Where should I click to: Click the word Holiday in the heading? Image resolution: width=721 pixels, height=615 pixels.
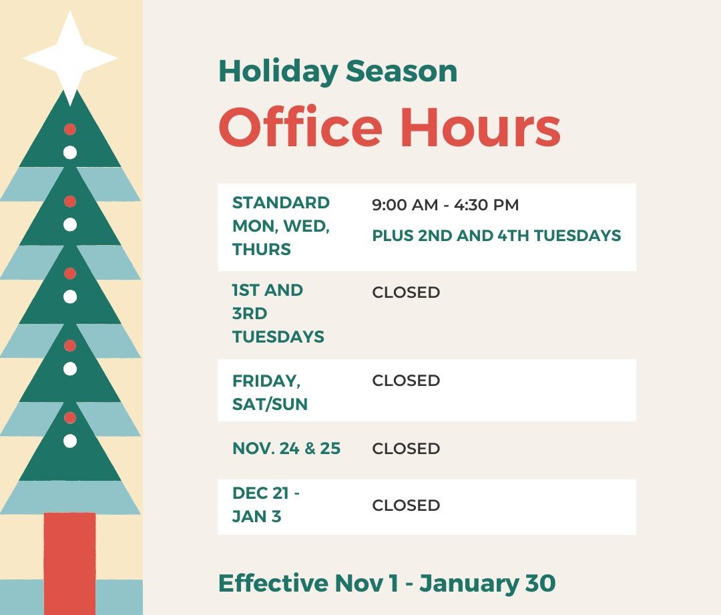[x=277, y=71]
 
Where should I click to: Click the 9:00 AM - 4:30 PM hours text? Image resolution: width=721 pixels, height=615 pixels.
[x=445, y=205]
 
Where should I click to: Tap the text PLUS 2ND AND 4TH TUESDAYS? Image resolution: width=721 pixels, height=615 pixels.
[x=496, y=236]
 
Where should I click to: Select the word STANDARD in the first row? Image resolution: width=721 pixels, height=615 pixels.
[x=281, y=203]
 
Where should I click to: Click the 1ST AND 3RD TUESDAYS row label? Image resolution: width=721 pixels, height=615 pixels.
[x=278, y=314]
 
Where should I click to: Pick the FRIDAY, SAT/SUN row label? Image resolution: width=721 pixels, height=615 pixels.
[x=270, y=392]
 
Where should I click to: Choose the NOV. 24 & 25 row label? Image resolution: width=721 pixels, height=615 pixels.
[x=286, y=449]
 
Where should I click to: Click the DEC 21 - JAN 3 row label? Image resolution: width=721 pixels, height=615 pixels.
[x=266, y=505]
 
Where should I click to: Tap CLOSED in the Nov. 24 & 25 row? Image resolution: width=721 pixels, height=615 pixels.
[x=406, y=449]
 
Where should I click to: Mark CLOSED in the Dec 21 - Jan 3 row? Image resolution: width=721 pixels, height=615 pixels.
[x=406, y=505]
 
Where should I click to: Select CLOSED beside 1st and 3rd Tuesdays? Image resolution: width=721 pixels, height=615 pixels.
[x=406, y=292]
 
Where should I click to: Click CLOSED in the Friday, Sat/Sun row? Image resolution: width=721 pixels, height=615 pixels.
[x=406, y=381]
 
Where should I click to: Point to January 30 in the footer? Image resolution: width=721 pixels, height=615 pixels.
[x=487, y=584]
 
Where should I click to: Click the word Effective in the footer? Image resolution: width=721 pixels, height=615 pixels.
[x=273, y=584]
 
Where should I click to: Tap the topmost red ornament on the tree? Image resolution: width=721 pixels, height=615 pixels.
[x=70, y=130]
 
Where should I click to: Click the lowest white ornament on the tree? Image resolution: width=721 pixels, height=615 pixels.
[x=70, y=441]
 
